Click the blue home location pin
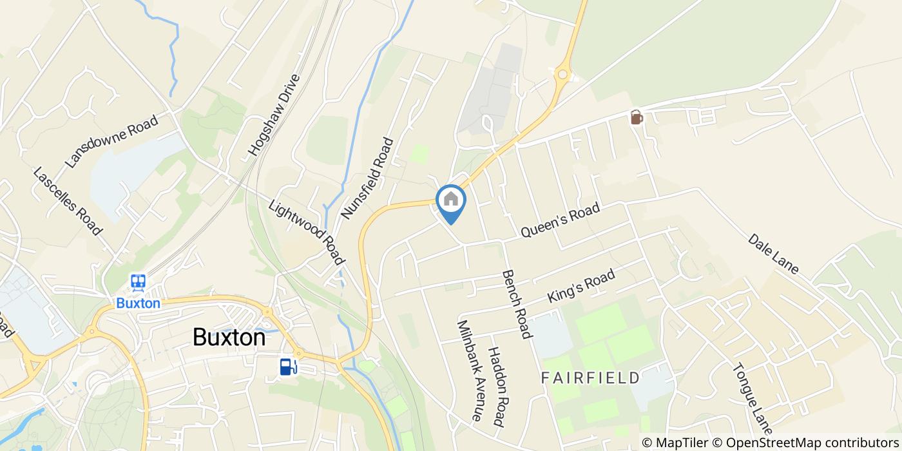(451, 201)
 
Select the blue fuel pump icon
(288, 367)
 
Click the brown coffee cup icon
(637, 117)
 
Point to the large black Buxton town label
(229, 338)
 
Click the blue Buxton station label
(138, 303)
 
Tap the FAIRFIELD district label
(591, 378)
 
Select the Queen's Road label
(560, 220)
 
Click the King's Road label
(581, 287)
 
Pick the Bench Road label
(517, 303)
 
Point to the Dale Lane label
(773, 253)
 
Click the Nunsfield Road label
(367, 178)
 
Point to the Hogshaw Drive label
(274, 115)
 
